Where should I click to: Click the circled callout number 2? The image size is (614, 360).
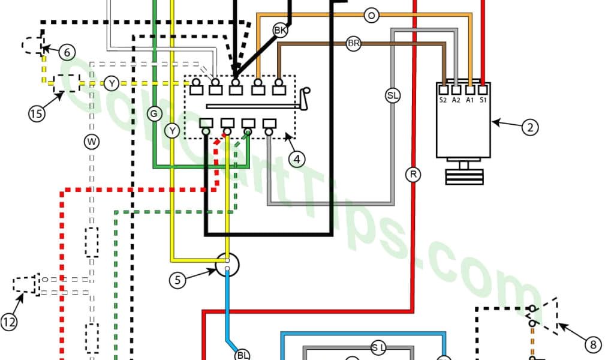point(528,127)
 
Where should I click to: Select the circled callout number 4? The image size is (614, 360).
point(296,158)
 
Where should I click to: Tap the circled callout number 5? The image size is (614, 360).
point(176,280)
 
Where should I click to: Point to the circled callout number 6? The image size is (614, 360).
point(67,52)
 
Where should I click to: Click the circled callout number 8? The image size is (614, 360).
point(592,344)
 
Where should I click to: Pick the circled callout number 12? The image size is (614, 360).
point(9,322)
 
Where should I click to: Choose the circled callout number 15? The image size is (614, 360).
point(37,113)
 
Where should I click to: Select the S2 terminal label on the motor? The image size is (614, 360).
point(443,100)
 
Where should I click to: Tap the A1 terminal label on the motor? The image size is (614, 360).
point(470,100)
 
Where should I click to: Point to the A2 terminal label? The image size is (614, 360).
point(456,100)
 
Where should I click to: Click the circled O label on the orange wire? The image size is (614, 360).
point(371,16)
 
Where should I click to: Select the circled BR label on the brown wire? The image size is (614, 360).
point(354,43)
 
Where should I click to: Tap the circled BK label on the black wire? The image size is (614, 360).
point(280,29)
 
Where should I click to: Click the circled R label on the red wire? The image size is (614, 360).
point(413,175)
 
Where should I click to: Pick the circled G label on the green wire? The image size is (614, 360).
point(155,113)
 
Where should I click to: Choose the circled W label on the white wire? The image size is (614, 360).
point(91,142)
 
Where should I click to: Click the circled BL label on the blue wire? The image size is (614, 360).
point(243,355)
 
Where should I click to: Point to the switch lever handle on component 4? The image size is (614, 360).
point(307,98)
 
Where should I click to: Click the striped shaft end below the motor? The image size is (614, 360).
point(464,176)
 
